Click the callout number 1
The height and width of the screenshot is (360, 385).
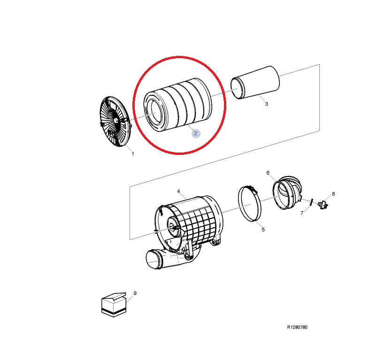pos(133,154)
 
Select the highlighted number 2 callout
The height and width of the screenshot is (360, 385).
pos(196,133)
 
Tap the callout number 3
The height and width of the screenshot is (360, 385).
pos(266,104)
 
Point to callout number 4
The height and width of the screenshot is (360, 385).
pos(178,191)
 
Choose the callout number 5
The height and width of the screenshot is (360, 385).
pos(263,230)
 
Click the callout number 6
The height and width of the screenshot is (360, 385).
pos(268,173)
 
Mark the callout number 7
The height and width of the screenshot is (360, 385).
pos(302,213)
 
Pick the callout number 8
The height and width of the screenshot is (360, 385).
pos(333,194)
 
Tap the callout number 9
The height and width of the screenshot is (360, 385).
pos(135,293)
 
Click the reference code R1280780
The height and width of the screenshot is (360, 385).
pos(297,327)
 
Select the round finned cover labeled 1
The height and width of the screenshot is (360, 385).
pos(115,121)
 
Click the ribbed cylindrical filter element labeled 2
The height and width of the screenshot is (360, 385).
pos(177,105)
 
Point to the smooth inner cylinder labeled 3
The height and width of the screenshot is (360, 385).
pos(255,82)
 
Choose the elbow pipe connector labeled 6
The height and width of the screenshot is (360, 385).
pos(287,192)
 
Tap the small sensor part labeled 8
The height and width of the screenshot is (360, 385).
pos(323,205)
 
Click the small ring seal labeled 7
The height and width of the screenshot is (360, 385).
pos(311,202)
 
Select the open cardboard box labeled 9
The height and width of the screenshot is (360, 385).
pos(114,305)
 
